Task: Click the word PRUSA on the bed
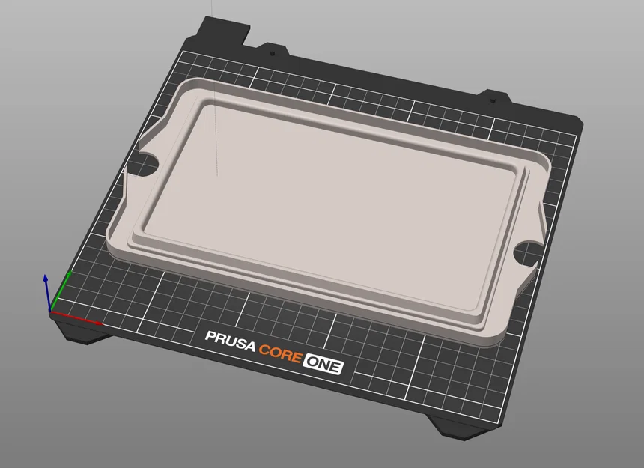coord(230,341)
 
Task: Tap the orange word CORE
coord(281,352)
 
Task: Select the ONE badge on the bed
coord(323,363)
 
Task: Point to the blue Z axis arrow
coord(47,293)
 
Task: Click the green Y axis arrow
coord(61,291)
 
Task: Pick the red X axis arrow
coord(76,318)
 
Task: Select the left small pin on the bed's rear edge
coord(272,54)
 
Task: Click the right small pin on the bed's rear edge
coord(493,100)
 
